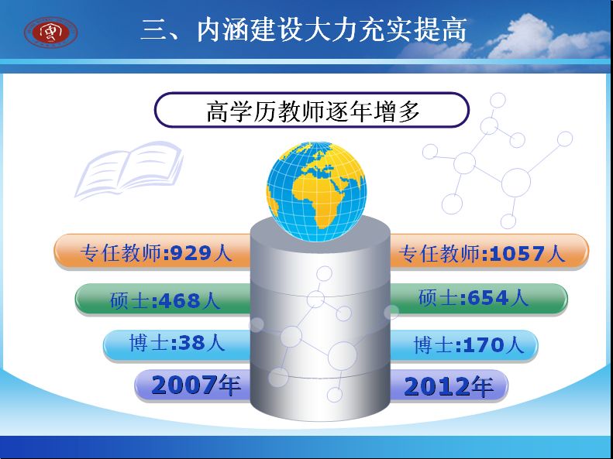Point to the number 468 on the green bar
[179, 300]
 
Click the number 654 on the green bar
[487, 298]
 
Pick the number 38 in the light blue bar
[191, 343]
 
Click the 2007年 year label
[195, 385]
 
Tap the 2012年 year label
[449, 386]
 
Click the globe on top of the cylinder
[316, 191]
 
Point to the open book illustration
[129, 170]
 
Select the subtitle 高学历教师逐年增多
[313, 111]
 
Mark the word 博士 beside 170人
[432, 345]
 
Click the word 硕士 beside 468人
[129, 300]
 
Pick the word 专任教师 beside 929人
[121, 253]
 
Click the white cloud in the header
[547, 38]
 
